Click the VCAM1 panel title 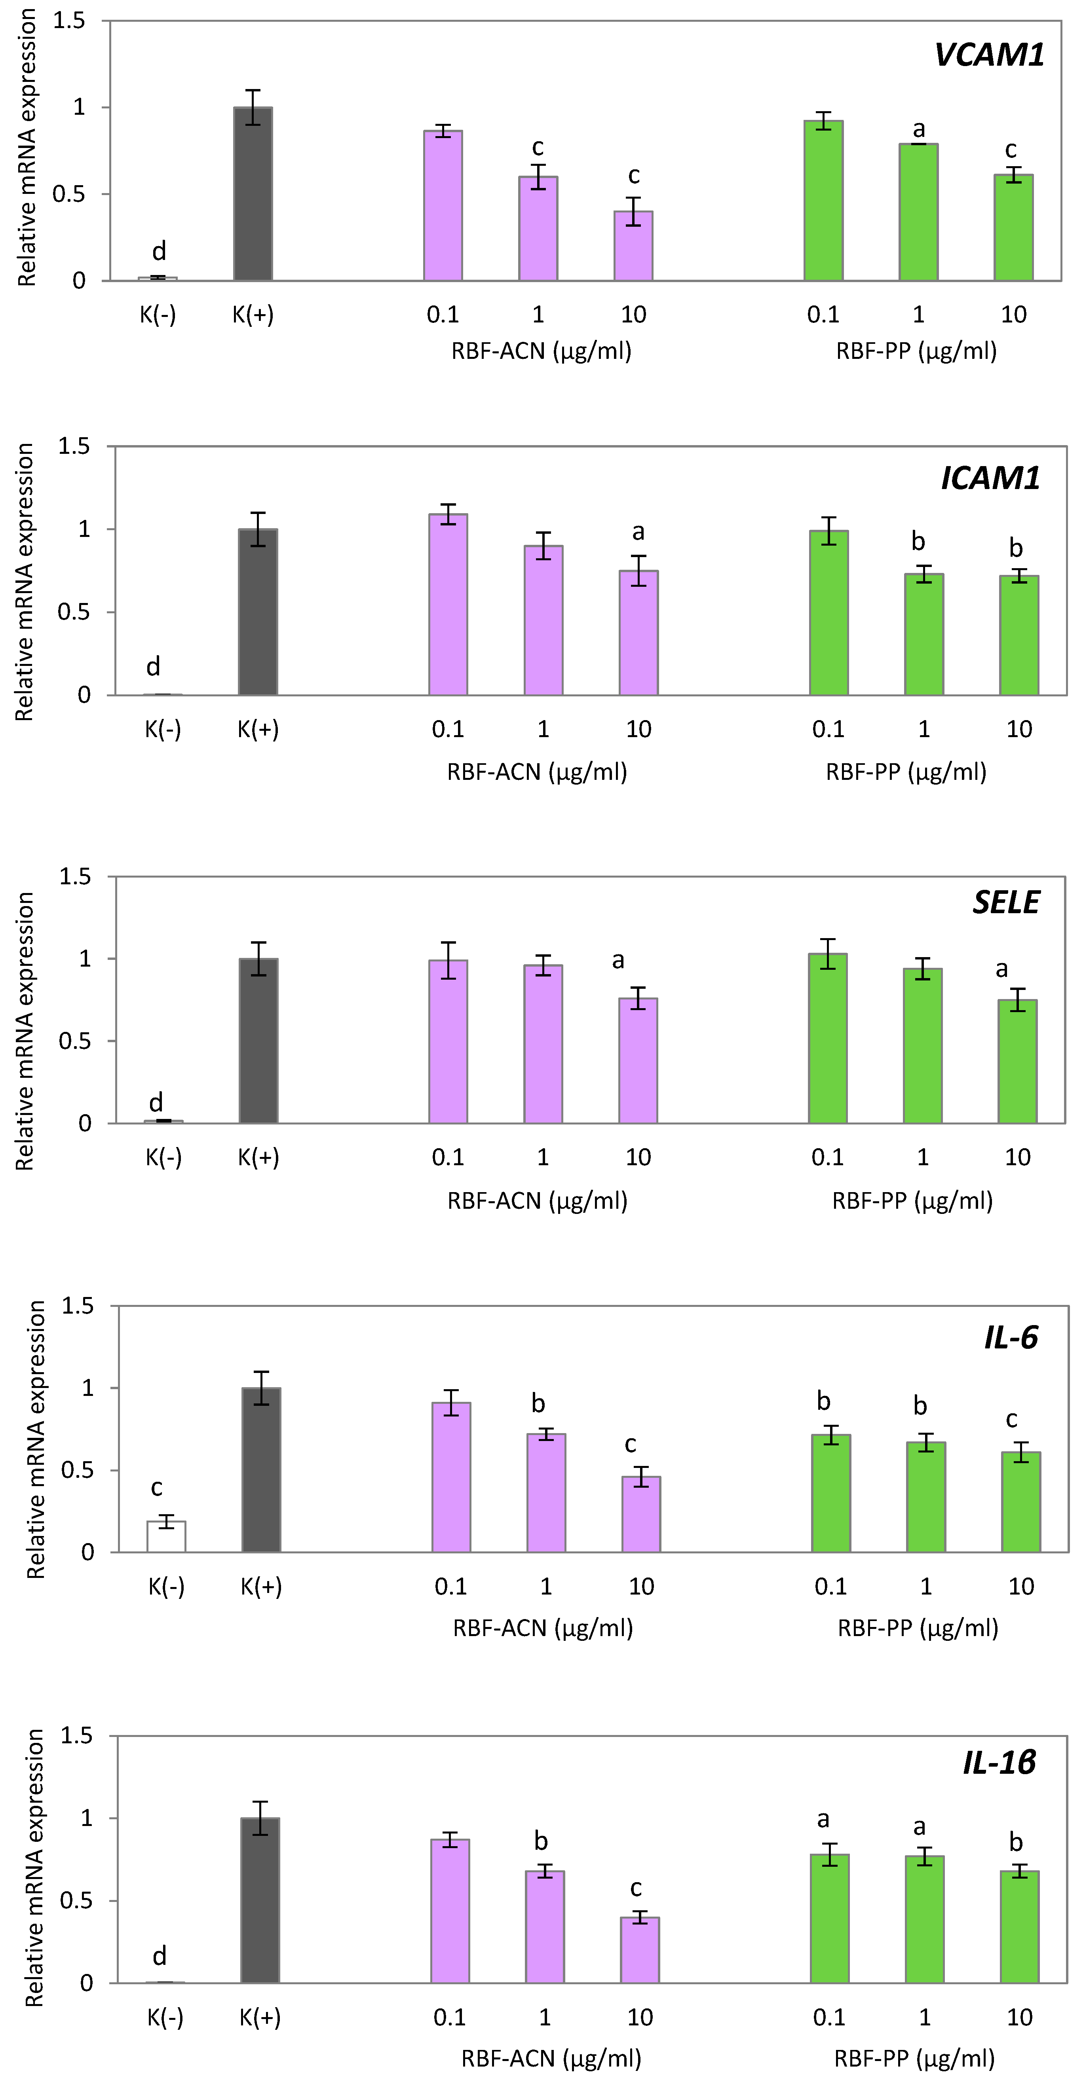pyautogui.click(x=989, y=55)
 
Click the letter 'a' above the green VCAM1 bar pyautogui.click(x=919, y=129)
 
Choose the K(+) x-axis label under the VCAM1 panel pyautogui.click(x=253, y=315)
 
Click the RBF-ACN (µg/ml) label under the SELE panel pyautogui.click(x=537, y=1200)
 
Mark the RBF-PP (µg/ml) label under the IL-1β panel pyautogui.click(x=914, y=2059)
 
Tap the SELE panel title pyautogui.click(x=1006, y=902)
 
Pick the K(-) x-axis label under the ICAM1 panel pyautogui.click(x=163, y=729)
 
